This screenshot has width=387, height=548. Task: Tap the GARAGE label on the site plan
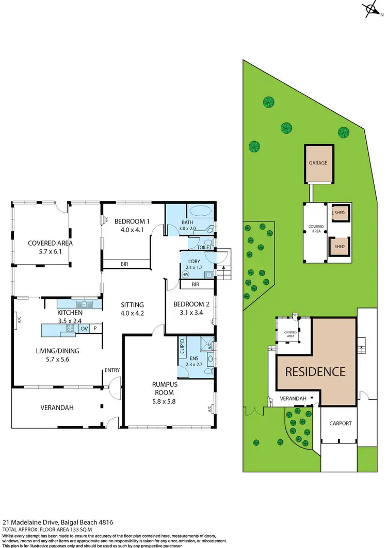tap(318, 163)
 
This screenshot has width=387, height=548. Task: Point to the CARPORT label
tap(340, 423)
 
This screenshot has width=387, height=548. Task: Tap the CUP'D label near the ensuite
tap(182, 346)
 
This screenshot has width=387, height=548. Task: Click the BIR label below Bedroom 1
tap(124, 264)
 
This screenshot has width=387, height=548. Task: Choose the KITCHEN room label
tap(71, 313)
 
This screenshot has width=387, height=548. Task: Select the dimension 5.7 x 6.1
tap(43, 252)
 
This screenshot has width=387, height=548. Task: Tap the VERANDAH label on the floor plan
tap(57, 408)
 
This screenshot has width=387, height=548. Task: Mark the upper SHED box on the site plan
tap(339, 212)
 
